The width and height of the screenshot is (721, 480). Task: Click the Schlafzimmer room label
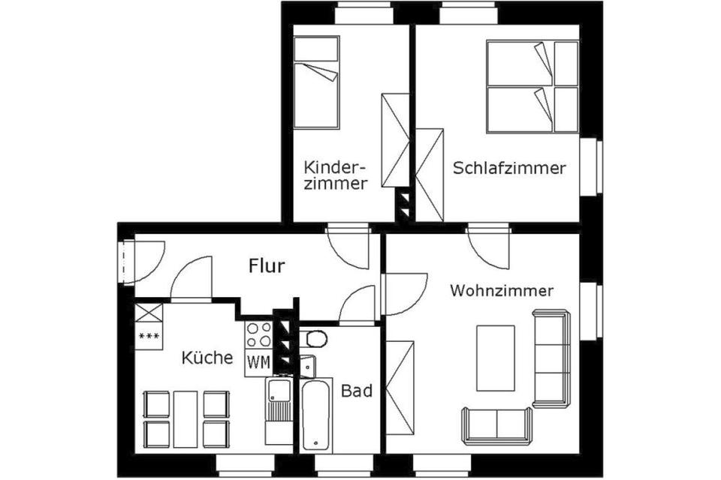pyautogui.click(x=509, y=168)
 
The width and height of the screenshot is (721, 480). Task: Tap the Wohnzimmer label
pyautogui.click(x=502, y=290)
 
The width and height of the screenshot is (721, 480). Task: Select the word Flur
pyautogui.click(x=267, y=265)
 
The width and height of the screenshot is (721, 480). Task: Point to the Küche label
pyautogui.click(x=207, y=358)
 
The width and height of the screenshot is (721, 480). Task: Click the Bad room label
pyautogui.click(x=357, y=390)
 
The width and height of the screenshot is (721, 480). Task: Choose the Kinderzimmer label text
pyautogui.click(x=335, y=175)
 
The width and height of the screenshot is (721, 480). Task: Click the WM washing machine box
pyautogui.click(x=258, y=362)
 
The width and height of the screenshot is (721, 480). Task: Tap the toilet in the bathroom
pyautogui.click(x=316, y=339)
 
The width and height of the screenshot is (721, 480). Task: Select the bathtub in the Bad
pyautogui.click(x=316, y=414)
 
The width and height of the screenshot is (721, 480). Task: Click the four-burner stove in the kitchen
pyautogui.click(x=258, y=334)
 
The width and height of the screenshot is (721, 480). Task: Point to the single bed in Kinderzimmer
pyautogui.click(x=315, y=82)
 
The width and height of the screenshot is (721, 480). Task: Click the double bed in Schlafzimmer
pyautogui.click(x=532, y=87)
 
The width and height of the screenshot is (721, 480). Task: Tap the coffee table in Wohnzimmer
pyautogui.click(x=495, y=358)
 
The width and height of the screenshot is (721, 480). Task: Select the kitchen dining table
pyautogui.click(x=186, y=418)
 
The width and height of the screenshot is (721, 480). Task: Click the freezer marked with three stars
pyautogui.click(x=149, y=335)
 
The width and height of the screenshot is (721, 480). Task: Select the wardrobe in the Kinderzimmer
pyautogui.click(x=394, y=140)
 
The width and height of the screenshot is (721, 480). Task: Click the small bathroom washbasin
pyautogui.click(x=307, y=366)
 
